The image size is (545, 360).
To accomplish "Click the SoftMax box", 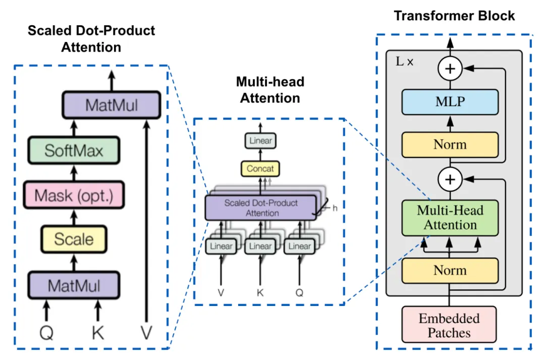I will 73,150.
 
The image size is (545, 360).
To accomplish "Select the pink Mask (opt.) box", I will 73,195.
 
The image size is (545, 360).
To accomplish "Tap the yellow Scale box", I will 74,239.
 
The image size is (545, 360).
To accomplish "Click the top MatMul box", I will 111,105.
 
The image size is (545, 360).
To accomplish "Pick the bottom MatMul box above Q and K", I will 74,286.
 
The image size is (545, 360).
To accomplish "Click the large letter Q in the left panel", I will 46,333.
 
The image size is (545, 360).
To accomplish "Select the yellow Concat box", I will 260,168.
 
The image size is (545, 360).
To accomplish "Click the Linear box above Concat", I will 260,141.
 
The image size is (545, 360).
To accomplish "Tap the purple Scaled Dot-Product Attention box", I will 261,208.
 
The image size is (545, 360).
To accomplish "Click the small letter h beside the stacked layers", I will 335,208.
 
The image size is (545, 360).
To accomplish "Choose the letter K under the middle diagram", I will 260,292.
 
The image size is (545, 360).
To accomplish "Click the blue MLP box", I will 450,102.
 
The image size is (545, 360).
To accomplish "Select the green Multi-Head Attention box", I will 450,218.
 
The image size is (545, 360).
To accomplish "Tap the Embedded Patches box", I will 450,326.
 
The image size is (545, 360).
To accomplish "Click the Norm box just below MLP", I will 450,145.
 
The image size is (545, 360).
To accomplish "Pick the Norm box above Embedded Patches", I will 450,270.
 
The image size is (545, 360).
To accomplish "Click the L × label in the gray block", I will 405,62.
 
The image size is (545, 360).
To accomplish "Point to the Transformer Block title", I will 454,16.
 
